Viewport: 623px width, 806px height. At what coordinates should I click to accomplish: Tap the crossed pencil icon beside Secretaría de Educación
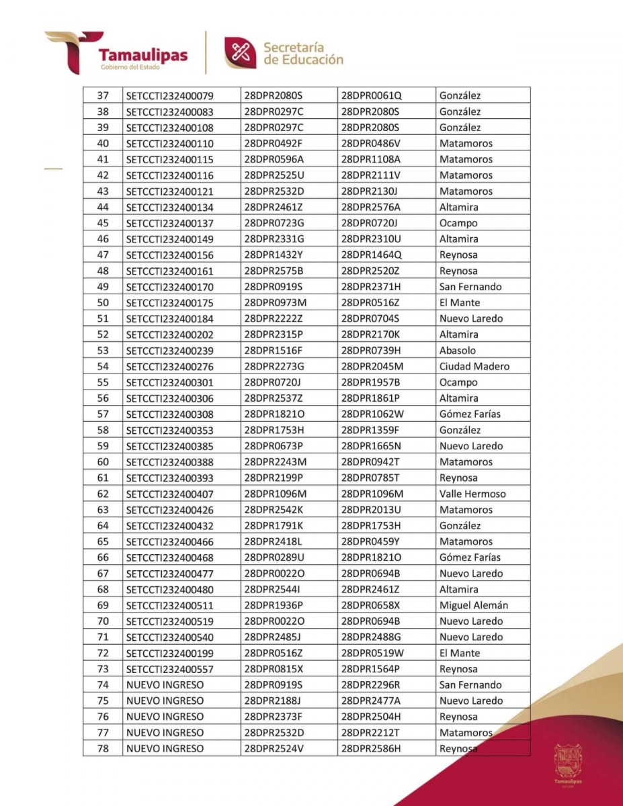click(x=240, y=53)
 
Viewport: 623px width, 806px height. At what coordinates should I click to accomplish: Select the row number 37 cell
click(x=103, y=95)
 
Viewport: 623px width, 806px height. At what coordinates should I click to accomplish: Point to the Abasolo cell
click(x=457, y=350)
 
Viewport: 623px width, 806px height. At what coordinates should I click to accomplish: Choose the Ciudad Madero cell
click(x=474, y=366)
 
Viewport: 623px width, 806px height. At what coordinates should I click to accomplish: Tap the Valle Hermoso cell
click(x=472, y=494)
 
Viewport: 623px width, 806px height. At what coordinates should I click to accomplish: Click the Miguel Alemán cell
click(x=473, y=605)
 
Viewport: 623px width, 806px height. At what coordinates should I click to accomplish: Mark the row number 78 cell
click(x=103, y=748)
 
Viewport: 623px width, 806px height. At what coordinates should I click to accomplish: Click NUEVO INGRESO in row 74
click(x=165, y=685)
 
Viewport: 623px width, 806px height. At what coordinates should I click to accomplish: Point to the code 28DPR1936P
click(x=274, y=605)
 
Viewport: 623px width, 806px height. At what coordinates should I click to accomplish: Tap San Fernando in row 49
click(x=470, y=287)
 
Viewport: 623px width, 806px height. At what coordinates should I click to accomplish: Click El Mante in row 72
click(x=460, y=653)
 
